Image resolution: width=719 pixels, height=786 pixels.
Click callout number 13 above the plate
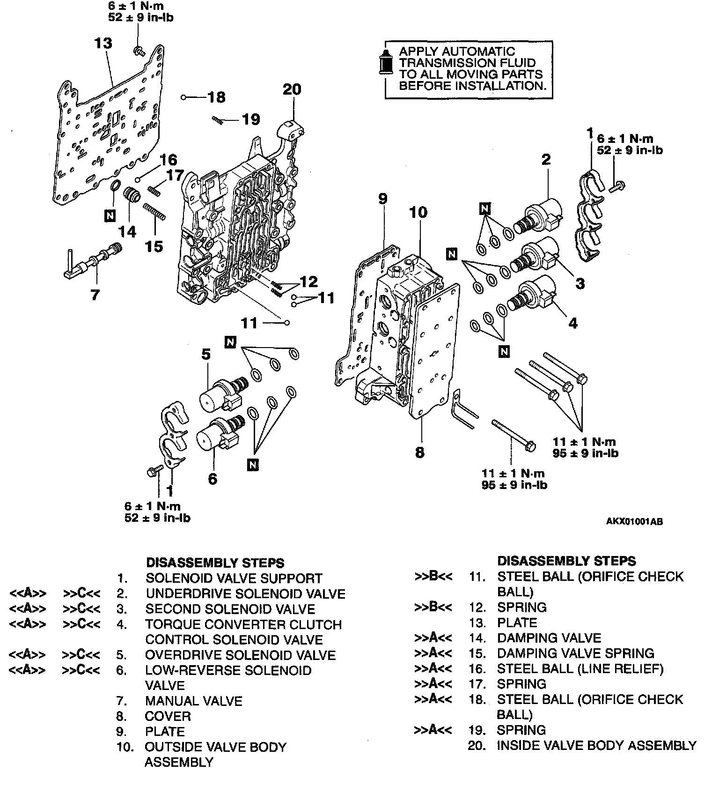(103, 43)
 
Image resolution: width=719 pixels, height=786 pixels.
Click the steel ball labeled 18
(184, 97)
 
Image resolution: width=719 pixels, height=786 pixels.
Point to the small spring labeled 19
(217, 119)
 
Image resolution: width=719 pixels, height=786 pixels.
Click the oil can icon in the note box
(387, 62)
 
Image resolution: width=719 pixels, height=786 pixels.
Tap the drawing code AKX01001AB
(634, 522)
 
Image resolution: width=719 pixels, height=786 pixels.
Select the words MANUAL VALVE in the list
(193, 701)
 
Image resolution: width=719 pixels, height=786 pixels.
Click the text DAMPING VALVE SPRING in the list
(575, 653)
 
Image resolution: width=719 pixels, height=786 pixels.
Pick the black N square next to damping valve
(110, 215)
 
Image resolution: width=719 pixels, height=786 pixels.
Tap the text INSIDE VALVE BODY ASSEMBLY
(596, 745)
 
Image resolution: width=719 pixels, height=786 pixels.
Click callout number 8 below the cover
(419, 452)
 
